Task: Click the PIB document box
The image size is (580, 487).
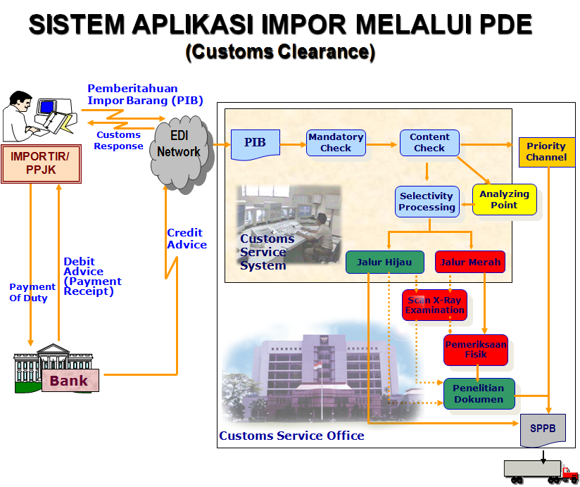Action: [x=256, y=144]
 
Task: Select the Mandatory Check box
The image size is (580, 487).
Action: [x=336, y=143]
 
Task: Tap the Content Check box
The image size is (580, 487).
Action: [x=429, y=143]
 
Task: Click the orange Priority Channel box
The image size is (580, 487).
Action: [x=546, y=151]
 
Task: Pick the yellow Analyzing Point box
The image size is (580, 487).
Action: [x=504, y=200]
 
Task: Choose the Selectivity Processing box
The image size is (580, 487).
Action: [x=427, y=202]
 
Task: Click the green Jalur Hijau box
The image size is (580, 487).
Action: [x=385, y=263]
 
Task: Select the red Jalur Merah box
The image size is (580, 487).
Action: [x=470, y=263]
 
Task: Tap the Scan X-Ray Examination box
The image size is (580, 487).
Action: [x=435, y=305]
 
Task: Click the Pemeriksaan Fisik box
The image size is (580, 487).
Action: [x=476, y=350]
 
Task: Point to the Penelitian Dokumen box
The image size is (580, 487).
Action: [x=479, y=394]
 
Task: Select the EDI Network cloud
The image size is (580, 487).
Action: [x=179, y=146]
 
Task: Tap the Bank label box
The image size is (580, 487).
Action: [x=69, y=381]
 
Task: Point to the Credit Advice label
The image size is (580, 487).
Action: [x=187, y=239]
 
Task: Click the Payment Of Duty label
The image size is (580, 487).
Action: [x=32, y=292]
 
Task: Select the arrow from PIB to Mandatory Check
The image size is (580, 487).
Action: [x=293, y=144]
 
